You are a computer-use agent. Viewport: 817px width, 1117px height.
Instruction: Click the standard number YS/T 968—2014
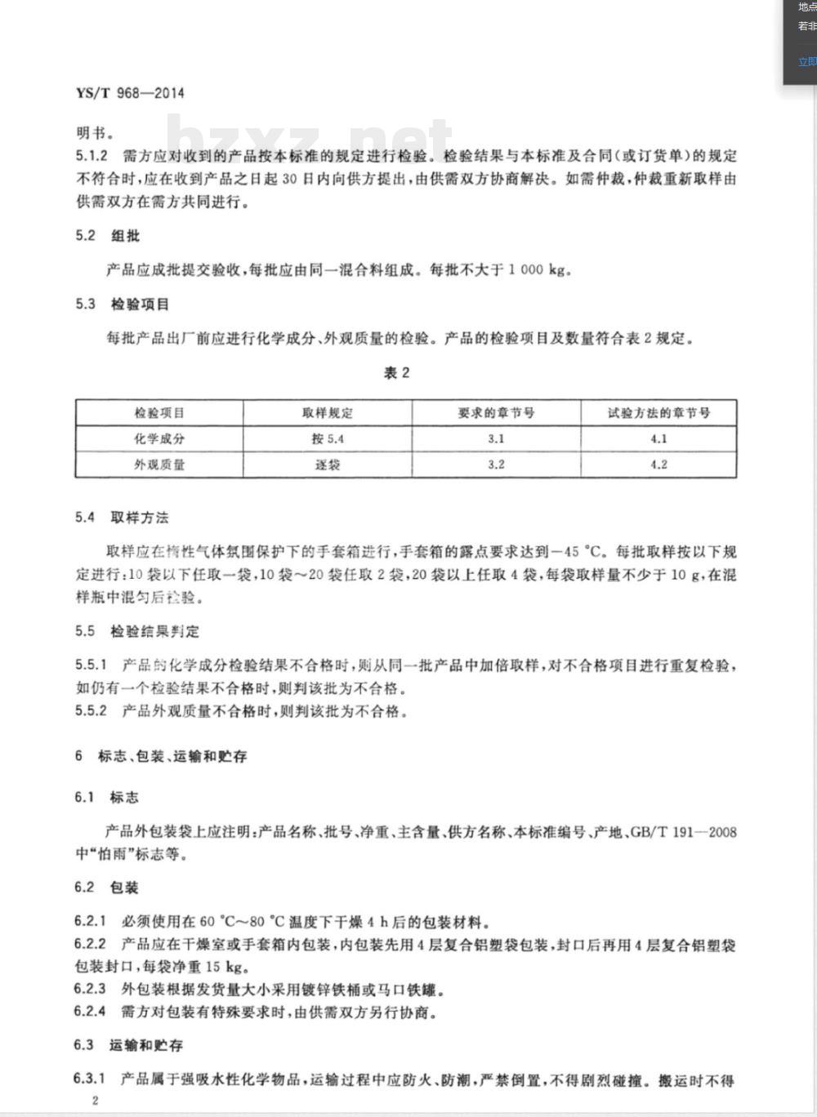130,93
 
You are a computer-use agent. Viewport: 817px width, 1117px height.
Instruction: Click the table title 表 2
396,373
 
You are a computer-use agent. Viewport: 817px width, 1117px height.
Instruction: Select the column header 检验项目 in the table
159,413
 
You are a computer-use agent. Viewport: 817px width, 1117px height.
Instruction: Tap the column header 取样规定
328,413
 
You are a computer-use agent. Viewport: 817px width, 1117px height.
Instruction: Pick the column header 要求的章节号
496,413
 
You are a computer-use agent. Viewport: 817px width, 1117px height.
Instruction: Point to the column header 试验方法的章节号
659,413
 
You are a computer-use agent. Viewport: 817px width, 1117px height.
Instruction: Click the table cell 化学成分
159,438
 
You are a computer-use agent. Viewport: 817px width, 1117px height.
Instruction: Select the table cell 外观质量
159,465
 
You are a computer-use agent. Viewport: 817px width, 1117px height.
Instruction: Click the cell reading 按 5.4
328,438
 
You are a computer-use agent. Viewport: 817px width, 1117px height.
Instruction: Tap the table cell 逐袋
328,465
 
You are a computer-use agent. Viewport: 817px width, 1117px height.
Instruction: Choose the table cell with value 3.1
496,438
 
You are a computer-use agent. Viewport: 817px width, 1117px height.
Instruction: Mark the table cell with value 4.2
659,465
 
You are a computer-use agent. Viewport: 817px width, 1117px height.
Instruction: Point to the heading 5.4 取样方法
122,518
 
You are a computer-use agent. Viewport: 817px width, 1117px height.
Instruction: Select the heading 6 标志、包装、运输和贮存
161,756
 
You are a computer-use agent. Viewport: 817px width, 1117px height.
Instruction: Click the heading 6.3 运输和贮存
128,1045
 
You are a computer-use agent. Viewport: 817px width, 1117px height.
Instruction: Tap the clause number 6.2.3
90,990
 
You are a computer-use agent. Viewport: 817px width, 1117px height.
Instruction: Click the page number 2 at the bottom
95,1100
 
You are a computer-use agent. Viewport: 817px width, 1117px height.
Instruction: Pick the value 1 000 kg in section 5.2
537,270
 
